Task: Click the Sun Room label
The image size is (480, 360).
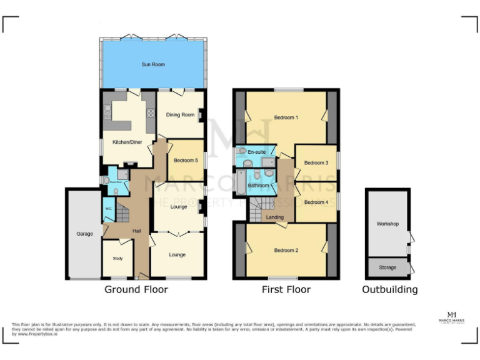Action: pyautogui.click(x=153, y=64)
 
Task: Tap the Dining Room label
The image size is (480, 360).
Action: pyautogui.click(x=180, y=114)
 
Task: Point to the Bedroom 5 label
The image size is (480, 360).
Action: pyautogui.click(x=186, y=161)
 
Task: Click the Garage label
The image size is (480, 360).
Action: pyautogui.click(x=85, y=234)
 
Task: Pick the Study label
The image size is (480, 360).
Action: pyautogui.click(x=117, y=258)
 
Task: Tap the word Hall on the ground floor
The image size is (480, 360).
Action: pyautogui.click(x=136, y=231)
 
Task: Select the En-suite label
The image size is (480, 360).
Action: pyautogui.click(x=257, y=152)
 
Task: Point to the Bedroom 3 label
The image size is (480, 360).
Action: pyautogui.click(x=316, y=163)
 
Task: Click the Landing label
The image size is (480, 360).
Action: pyautogui.click(x=274, y=217)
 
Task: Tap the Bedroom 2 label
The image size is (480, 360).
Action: pyautogui.click(x=286, y=250)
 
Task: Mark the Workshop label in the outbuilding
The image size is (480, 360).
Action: pyautogui.click(x=387, y=223)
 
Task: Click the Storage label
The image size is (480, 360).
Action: pyautogui.click(x=387, y=267)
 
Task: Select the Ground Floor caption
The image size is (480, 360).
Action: pyautogui.click(x=136, y=289)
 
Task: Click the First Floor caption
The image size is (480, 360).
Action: pyautogui.click(x=286, y=289)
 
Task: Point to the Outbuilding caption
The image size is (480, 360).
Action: pyautogui.click(x=390, y=289)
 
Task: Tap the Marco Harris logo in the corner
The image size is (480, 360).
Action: pyautogui.click(x=451, y=317)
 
